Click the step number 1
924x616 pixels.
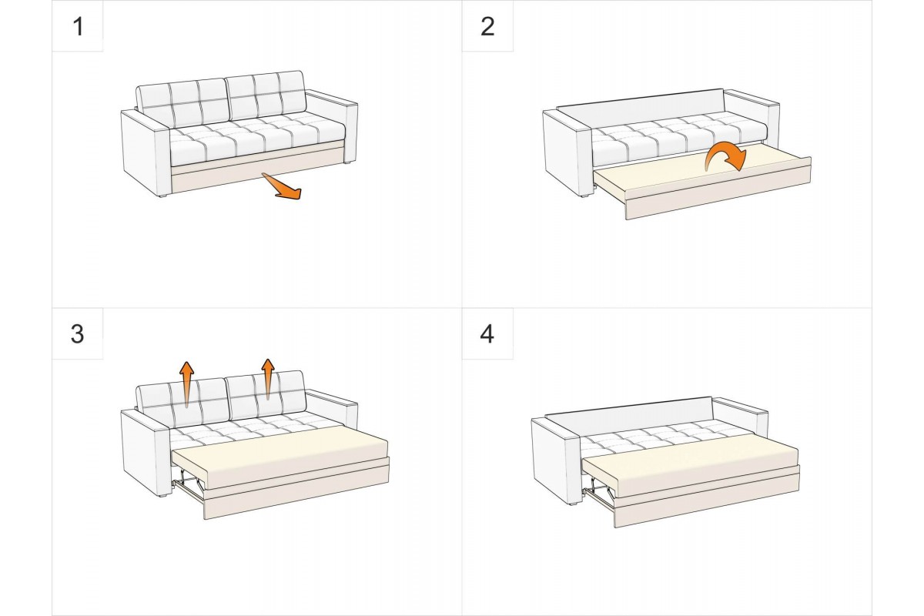pyautogui.click(x=77, y=26)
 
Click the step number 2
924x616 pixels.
pyautogui.click(x=487, y=26)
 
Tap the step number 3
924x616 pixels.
pyautogui.click(x=77, y=335)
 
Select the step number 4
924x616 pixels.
pyautogui.click(x=487, y=335)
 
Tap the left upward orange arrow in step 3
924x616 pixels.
pyautogui.click(x=186, y=382)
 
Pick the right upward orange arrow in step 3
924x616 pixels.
pyautogui.click(x=267, y=377)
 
